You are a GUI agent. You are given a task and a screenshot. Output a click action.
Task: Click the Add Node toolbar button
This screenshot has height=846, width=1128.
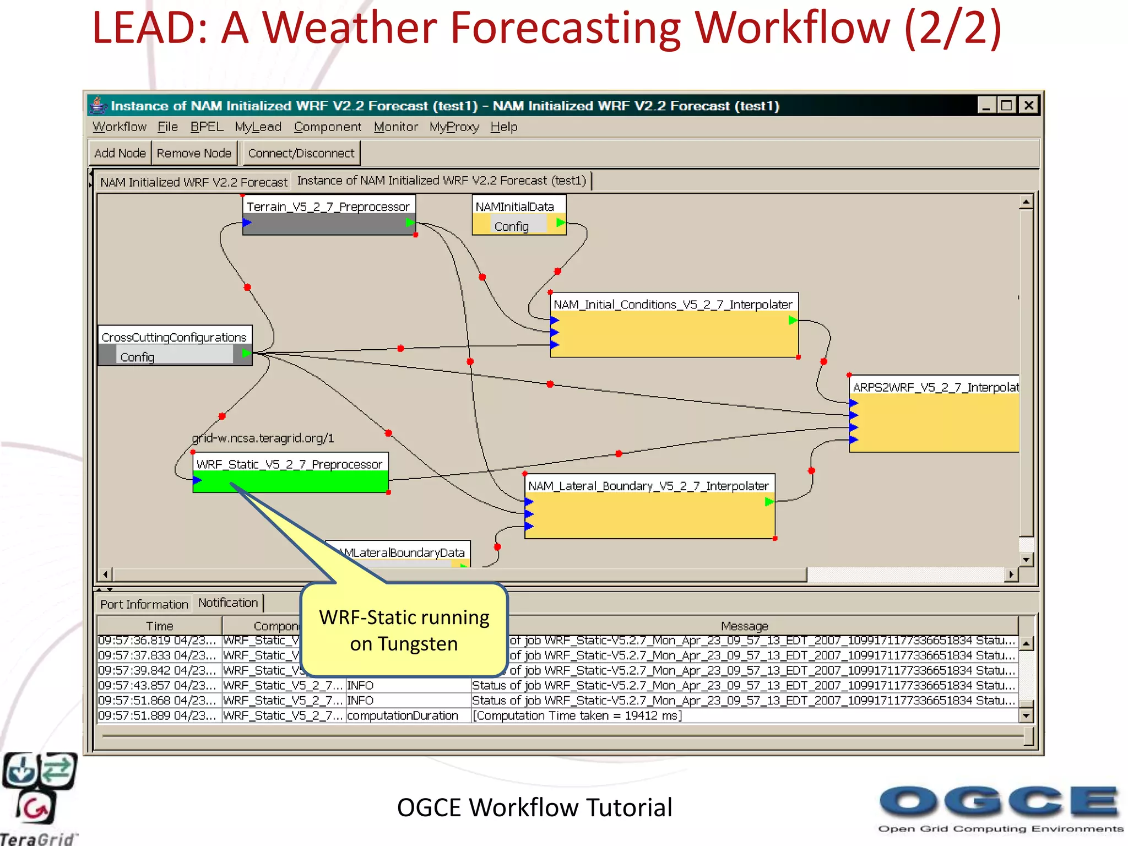pyautogui.click(x=120, y=153)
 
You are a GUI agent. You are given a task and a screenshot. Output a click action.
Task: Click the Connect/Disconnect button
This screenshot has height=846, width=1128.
pyautogui.click(x=301, y=153)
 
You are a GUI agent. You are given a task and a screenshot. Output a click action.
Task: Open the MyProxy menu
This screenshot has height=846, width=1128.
pyautogui.click(x=454, y=127)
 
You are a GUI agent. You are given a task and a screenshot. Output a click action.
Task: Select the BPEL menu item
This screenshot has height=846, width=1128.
pyautogui.click(x=207, y=127)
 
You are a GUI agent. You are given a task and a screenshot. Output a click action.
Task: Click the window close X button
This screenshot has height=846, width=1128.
pyautogui.click(x=1028, y=105)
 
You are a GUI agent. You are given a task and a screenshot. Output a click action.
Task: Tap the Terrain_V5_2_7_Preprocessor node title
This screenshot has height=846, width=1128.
pyautogui.click(x=328, y=207)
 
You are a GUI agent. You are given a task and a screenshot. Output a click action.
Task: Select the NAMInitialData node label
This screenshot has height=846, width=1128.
pyautogui.click(x=514, y=207)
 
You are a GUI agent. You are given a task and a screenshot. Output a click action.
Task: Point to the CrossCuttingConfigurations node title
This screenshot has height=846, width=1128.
pyautogui.click(x=174, y=337)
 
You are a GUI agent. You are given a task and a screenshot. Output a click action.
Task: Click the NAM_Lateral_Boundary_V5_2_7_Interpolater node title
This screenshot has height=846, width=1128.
pyautogui.click(x=648, y=486)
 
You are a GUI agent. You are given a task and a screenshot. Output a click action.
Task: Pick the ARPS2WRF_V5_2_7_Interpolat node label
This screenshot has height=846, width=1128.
pyautogui.click(x=935, y=387)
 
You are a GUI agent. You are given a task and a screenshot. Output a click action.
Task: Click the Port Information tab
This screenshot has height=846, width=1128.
pyautogui.click(x=144, y=604)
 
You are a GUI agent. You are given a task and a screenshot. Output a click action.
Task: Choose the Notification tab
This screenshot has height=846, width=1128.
pyautogui.click(x=228, y=603)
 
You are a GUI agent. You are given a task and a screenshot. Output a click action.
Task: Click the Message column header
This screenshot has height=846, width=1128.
pyautogui.click(x=744, y=626)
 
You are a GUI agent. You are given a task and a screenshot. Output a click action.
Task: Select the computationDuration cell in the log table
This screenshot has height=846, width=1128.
pyautogui.click(x=403, y=715)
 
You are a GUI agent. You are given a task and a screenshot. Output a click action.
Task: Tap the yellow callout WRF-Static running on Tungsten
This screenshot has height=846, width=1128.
pyautogui.click(x=404, y=630)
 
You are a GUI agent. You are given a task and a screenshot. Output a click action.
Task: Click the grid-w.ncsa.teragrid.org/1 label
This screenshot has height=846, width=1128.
pyautogui.click(x=263, y=438)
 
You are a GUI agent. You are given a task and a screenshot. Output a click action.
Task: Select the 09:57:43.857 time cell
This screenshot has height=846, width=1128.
pyautogui.click(x=157, y=685)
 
